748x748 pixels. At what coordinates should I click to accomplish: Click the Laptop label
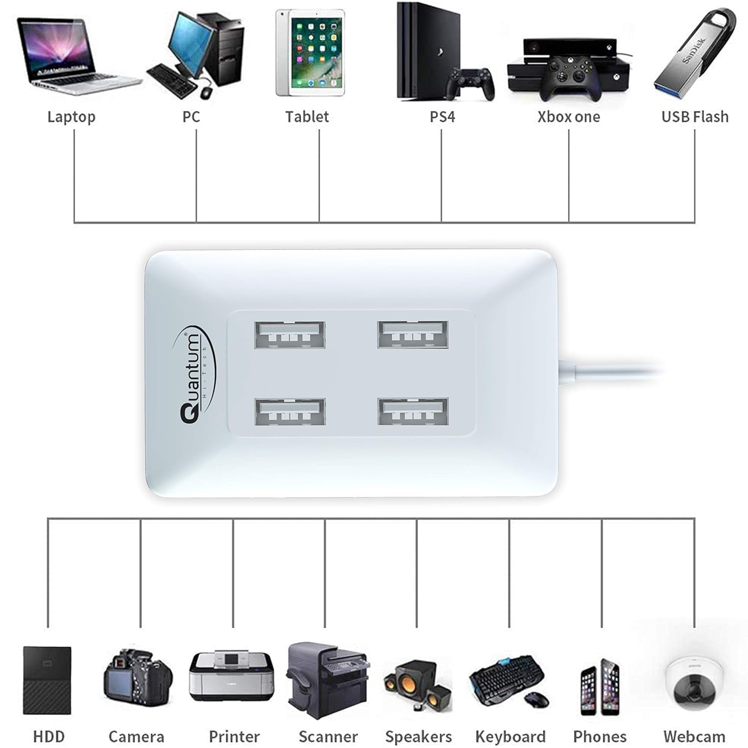pos(71,117)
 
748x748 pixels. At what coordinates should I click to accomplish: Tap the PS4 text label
pos(442,117)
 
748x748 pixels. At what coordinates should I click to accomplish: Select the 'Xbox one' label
pos(568,117)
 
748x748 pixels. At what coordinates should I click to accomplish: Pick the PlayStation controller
pos(471,82)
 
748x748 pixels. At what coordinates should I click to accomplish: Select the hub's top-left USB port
pos(290,335)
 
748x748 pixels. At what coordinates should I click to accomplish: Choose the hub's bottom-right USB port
pos(413,411)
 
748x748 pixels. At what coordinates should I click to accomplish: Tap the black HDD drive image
pos(47,680)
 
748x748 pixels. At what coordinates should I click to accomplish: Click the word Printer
pos(234,737)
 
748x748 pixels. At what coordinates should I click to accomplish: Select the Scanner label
pos(328,737)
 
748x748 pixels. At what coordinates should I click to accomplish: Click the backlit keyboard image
pos(506,678)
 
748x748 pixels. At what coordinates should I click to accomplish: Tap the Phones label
pos(599,737)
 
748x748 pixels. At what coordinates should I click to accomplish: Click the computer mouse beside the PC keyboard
pos(206,92)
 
